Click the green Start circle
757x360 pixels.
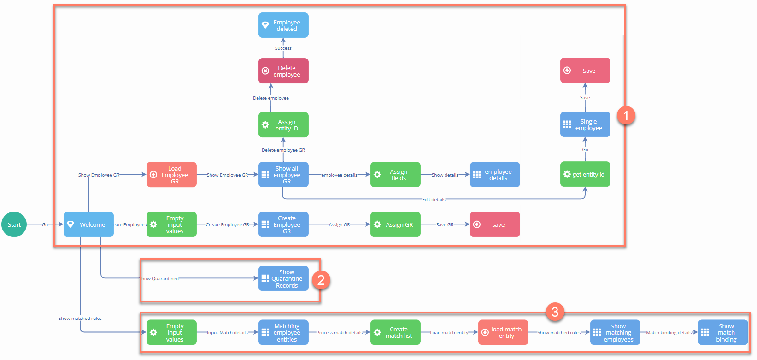click(x=14, y=224)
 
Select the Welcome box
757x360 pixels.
click(x=88, y=224)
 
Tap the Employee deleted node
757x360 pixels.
click(x=283, y=25)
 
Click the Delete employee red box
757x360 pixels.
click(x=283, y=71)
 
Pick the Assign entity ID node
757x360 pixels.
click(x=283, y=125)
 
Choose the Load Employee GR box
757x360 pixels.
click(x=171, y=175)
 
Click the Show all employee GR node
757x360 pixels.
click(x=283, y=175)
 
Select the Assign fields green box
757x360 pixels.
click(x=395, y=175)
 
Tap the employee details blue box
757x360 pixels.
click(x=495, y=175)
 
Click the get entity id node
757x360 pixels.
click(x=585, y=174)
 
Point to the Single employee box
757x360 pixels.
click(x=585, y=124)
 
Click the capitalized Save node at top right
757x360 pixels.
click(x=585, y=71)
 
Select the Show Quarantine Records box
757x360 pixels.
click(x=283, y=278)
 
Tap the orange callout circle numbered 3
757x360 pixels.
click(x=555, y=312)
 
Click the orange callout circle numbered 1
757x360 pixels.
click(x=626, y=115)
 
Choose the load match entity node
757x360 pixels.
click(x=503, y=332)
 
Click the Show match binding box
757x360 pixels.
click(x=723, y=332)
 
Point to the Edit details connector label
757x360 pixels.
click(x=434, y=200)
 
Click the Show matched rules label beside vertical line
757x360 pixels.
click(x=80, y=319)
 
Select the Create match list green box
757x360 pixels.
click(x=395, y=332)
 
